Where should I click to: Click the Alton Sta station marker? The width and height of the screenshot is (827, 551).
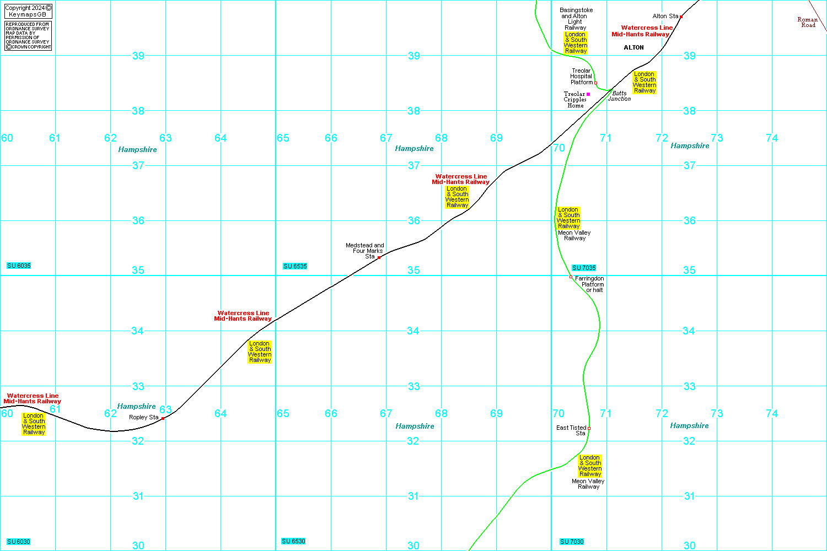click(x=681, y=17)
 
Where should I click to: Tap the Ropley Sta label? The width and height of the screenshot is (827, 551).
click(x=143, y=417)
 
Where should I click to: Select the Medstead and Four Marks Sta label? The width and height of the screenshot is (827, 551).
click(x=365, y=251)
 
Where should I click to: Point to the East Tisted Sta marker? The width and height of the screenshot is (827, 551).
click(x=589, y=428)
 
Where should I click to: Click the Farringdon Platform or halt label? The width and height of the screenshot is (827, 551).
click(x=589, y=284)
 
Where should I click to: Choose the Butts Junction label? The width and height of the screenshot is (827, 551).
click(x=619, y=96)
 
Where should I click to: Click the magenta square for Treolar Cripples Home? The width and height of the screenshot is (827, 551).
click(x=588, y=94)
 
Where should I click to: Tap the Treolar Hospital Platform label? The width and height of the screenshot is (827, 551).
click(x=581, y=77)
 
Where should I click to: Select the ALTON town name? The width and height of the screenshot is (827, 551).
click(x=633, y=47)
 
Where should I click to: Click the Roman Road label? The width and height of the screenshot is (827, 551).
click(x=808, y=22)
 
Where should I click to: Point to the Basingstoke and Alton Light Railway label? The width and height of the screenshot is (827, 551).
click(x=576, y=19)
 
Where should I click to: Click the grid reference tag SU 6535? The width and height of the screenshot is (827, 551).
click(x=295, y=266)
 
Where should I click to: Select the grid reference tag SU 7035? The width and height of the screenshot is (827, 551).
click(x=584, y=268)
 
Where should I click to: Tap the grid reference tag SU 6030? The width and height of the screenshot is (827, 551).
click(x=19, y=542)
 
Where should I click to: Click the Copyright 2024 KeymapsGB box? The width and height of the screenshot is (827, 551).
click(x=28, y=11)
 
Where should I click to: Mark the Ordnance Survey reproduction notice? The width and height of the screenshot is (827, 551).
click(x=28, y=36)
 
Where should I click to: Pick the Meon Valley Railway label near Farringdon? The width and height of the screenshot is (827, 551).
click(x=574, y=235)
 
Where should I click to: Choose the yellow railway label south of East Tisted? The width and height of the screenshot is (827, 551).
click(x=589, y=466)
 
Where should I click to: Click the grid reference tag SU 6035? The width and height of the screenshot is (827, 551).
click(x=19, y=266)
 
